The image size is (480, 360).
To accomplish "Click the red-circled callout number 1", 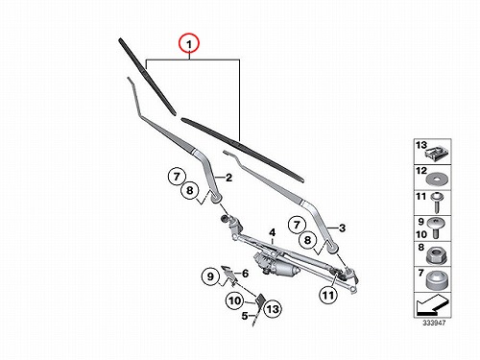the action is [189, 43].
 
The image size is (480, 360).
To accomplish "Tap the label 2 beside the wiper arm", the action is [228, 178].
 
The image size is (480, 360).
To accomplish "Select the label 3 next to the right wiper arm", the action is [342, 228].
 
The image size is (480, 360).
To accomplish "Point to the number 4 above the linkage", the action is [272, 232].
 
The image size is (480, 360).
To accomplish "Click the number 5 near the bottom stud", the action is [245, 316].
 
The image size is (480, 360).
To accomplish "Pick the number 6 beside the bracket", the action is [246, 274].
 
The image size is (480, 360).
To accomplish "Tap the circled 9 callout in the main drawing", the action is [210, 276].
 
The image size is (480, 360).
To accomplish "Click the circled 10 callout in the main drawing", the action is [234, 300].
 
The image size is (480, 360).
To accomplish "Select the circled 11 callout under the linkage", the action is [328, 295].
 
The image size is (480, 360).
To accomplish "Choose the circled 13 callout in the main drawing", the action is [273, 309].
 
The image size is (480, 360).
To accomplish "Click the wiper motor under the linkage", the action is [276, 265].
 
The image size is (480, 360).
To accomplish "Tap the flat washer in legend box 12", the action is [437, 179].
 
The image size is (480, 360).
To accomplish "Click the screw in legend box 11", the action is [436, 203].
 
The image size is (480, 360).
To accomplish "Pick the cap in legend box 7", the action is [436, 280].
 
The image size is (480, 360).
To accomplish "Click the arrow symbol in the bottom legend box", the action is [433, 304].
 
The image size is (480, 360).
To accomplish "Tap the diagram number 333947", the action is [434, 323].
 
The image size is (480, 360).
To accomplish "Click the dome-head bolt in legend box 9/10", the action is [437, 228].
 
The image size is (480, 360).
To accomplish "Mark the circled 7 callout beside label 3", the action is [297, 225].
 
